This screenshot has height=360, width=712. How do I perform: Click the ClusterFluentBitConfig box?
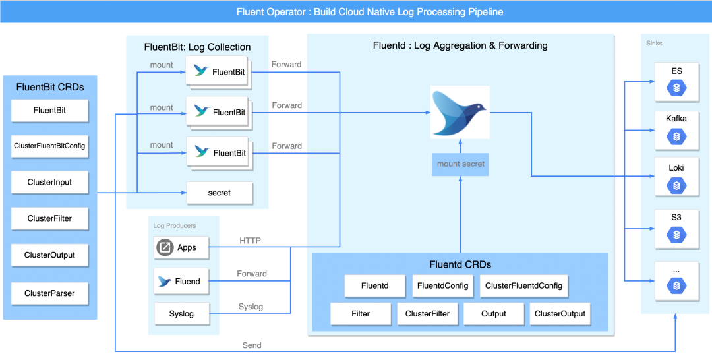point(49,146)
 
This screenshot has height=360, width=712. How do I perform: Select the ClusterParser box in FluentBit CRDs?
point(49,293)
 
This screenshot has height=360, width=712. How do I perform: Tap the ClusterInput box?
point(49,183)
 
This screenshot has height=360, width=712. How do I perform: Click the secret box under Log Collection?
point(220,193)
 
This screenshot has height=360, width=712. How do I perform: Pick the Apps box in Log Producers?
point(181,248)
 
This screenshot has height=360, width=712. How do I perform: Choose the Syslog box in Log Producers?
point(181,314)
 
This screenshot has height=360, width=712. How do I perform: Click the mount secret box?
point(460,164)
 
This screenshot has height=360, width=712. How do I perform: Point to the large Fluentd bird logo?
point(460,112)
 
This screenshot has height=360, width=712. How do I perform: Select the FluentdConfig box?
point(443,286)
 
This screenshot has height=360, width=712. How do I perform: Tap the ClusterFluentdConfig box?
point(523,286)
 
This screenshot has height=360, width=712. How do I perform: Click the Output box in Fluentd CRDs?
point(493,315)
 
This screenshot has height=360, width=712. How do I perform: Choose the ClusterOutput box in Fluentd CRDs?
point(560,315)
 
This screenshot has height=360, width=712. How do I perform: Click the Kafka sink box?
point(676,129)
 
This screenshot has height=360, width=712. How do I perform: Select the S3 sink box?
point(676,228)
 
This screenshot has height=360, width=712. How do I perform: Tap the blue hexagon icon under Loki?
point(676,186)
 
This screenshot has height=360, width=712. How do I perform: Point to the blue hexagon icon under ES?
point(676,88)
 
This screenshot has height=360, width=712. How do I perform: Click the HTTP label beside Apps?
point(250,241)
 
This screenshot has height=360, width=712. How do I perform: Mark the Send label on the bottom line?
point(252,345)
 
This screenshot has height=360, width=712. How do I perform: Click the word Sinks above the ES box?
point(654,44)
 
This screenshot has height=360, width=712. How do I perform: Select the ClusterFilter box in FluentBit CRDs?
point(49,219)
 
